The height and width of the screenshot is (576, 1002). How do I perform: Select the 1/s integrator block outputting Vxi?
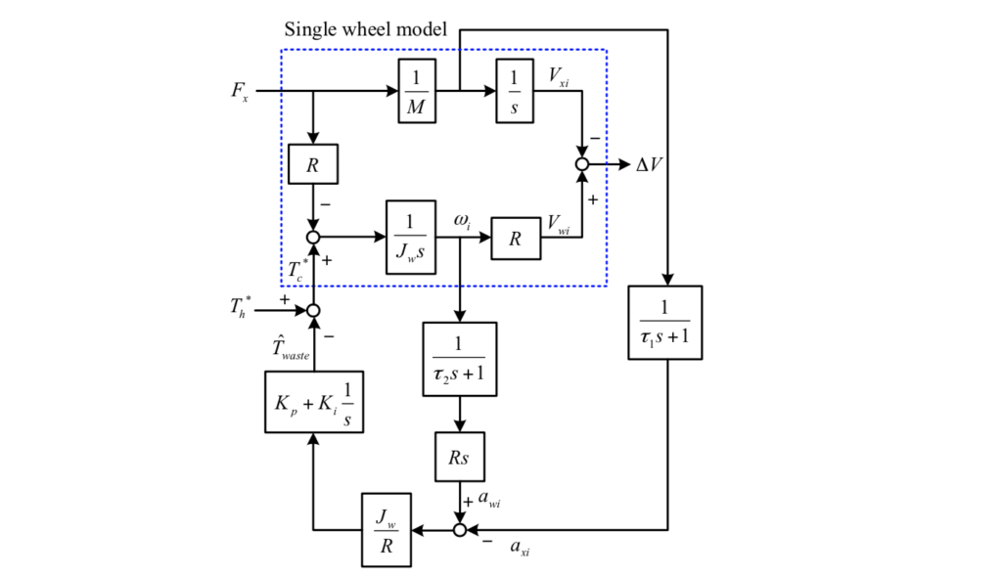[514, 91]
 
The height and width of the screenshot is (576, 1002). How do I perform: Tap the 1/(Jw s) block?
[411, 237]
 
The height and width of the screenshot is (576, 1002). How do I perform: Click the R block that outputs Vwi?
[515, 238]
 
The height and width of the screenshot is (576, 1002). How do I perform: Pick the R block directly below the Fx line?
[313, 164]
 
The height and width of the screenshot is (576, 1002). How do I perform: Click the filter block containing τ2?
[459, 359]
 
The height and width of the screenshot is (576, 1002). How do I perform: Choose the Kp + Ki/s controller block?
[313, 403]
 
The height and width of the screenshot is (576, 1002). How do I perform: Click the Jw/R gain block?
[386, 531]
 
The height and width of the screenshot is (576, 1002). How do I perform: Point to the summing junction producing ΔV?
[582, 164]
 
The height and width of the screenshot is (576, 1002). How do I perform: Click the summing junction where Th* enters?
[313, 310]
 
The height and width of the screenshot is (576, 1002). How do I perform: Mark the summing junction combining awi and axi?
[459, 531]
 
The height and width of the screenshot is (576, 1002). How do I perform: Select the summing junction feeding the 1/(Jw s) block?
[313, 237]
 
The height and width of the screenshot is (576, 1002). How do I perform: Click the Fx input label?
[240, 92]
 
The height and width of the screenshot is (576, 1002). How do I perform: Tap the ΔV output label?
[650, 164]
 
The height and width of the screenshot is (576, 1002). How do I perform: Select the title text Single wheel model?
[365, 29]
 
